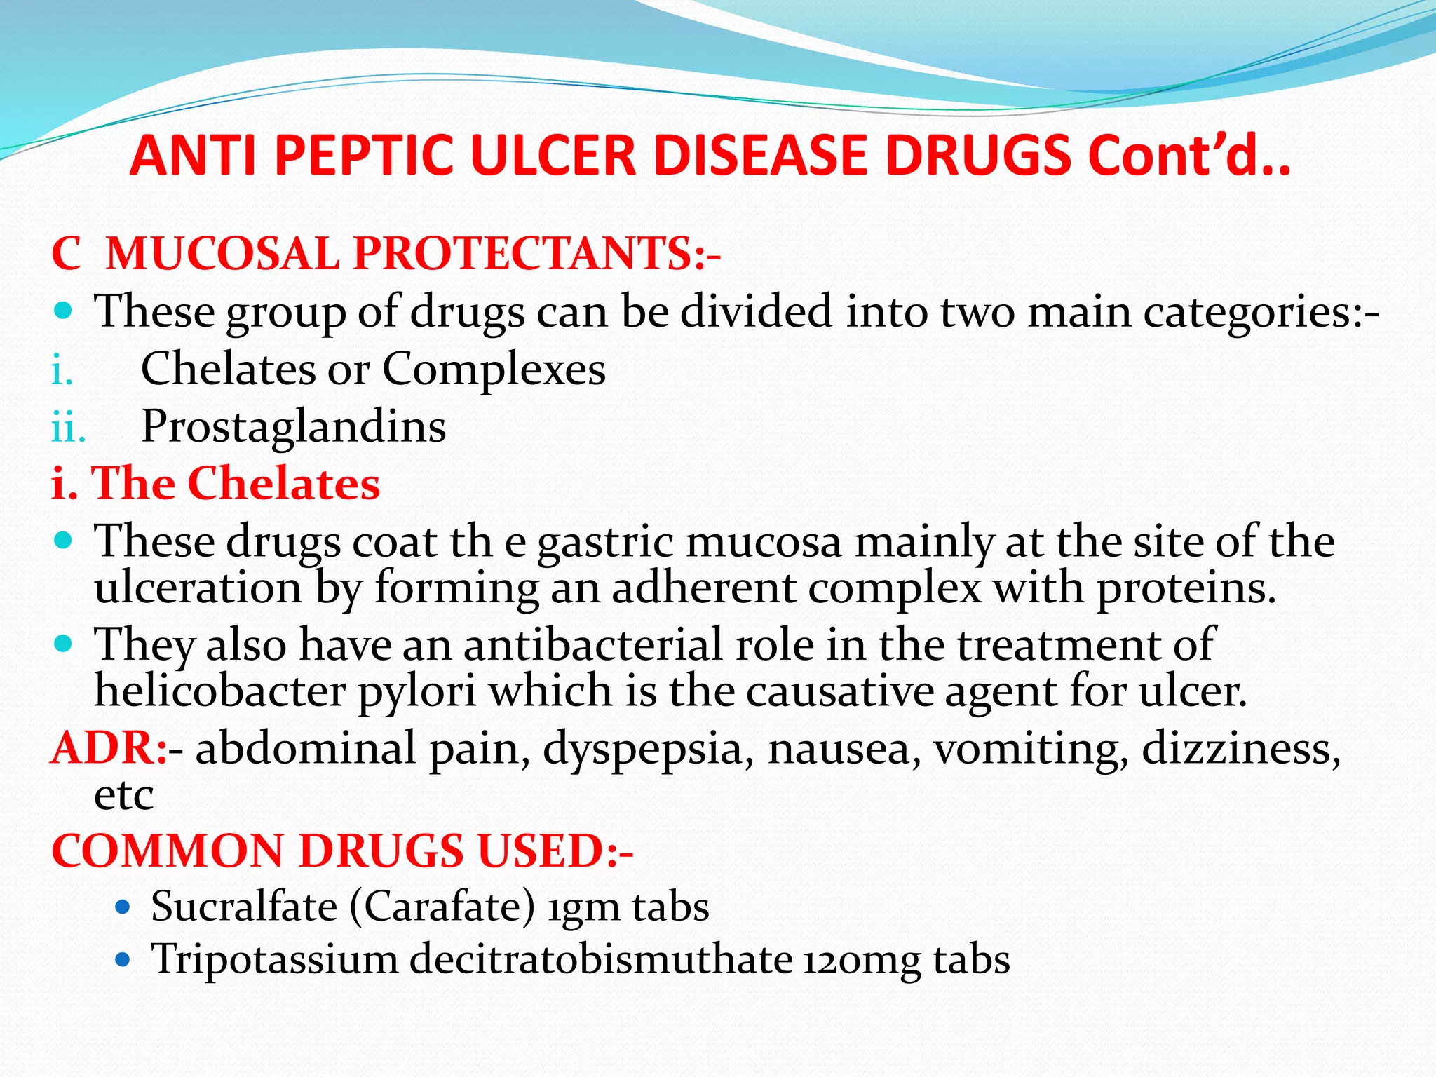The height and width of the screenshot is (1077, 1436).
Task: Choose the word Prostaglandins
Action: tap(294, 426)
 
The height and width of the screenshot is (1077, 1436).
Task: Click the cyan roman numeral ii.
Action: tap(69, 427)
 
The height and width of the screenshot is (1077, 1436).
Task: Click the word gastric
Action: tap(605, 542)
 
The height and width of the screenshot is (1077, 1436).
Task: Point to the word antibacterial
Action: tap(592, 644)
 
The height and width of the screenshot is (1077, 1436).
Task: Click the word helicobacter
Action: tap(220, 691)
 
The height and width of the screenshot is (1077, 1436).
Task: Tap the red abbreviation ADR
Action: tap(105, 747)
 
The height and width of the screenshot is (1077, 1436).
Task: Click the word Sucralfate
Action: tap(244, 906)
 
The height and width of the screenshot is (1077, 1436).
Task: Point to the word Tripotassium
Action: tap(275, 959)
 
